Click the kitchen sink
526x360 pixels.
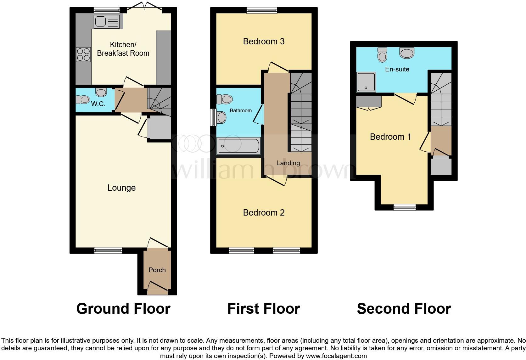pyautogui.click(x=106, y=21)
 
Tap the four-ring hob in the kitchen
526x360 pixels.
pyautogui.click(x=83, y=54)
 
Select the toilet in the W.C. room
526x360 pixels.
pyautogui.click(x=83, y=100)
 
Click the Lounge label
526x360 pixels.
pyautogui.click(x=121, y=188)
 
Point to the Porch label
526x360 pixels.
pyautogui.click(x=157, y=270)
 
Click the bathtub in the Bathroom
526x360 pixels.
pyautogui.click(x=238, y=146)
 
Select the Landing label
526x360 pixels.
pyautogui.click(x=288, y=163)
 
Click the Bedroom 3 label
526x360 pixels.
pyautogui.click(x=264, y=42)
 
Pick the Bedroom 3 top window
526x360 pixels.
pyautogui.click(x=262, y=10)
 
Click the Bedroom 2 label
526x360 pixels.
pyautogui.click(x=264, y=213)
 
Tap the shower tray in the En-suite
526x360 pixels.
pyautogui.click(x=366, y=82)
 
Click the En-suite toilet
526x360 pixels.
pyautogui.click(x=382, y=55)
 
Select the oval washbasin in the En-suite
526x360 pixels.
pyautogui.click(x=407, y=53)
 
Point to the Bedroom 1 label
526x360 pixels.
pyautogui.click(x=390, y=137)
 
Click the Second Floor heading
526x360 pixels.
pyautogui.click(x=404, y=309)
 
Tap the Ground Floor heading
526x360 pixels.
pyautogui.click(x=123, y=309)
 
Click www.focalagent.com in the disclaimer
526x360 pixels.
pyautogui.click(x=336, y=356)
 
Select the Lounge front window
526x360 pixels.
pyautogui.click(x=108, y=250)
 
